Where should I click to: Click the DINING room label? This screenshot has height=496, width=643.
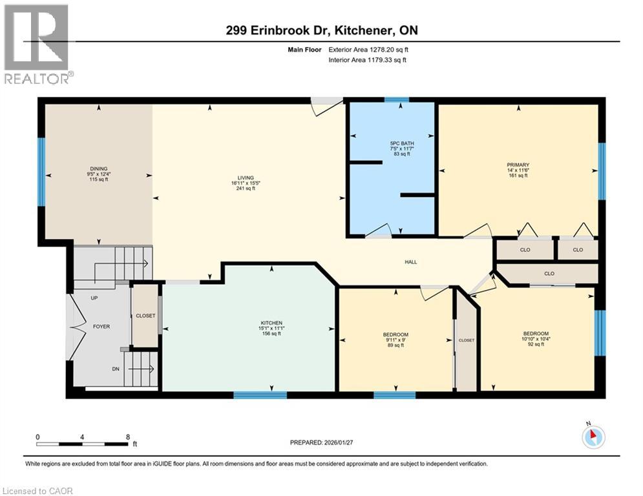pyautogui.click(x=98, y=167)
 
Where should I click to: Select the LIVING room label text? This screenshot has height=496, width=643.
pyautogui.click(x=245, y=178)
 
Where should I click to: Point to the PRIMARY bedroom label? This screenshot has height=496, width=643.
pyautogui.click(x=518, y=165)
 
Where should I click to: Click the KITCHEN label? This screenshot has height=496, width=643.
pyautogui.click(x=271, y=322)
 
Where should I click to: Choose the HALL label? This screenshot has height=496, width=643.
pyautogui.click(x=411, y=262)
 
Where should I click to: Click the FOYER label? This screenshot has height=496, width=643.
pyautogui.click(x=101, y=327)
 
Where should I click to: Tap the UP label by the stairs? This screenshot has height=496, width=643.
pyautogui.click(x=95, y=298)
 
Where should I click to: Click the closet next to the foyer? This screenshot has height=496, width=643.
pyautogui.click(x=145, y=316)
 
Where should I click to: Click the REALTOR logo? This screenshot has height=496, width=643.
pyautogui.click(x=37, y=44)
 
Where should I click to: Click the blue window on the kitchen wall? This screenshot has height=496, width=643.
pyautogui.click(x=260, y=395)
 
